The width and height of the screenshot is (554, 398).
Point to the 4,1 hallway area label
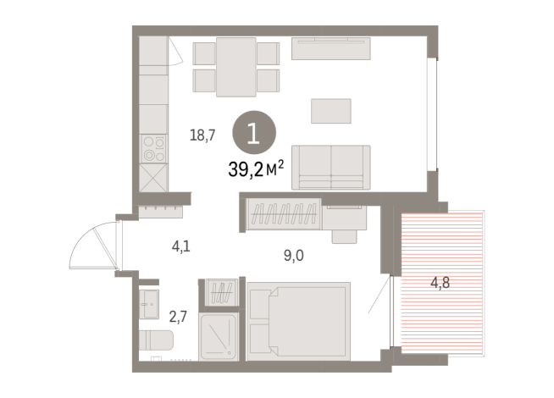coord(180,248)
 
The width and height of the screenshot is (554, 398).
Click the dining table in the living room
coord(235,67)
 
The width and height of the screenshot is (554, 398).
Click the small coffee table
coord(330,111)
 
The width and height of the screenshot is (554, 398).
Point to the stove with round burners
coord(153,149)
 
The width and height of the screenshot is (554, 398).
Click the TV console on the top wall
coord(330,49)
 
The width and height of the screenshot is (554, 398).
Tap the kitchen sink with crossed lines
coord(153,177)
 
